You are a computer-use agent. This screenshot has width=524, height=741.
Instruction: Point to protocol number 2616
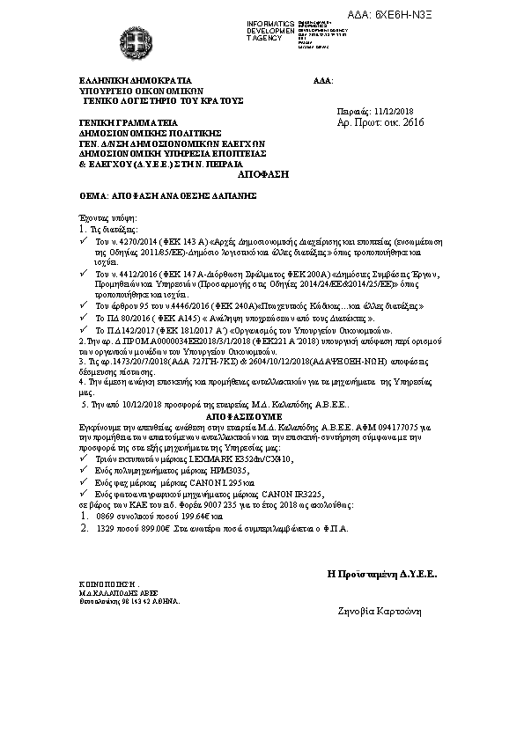(412, 123)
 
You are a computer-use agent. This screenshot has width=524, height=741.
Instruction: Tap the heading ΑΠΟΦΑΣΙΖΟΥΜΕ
(247, 411)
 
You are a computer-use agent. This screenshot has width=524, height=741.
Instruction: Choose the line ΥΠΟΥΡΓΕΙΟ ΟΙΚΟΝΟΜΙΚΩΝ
(129, 90)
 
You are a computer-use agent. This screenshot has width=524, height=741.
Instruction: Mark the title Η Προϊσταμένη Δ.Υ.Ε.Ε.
(382, 574)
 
